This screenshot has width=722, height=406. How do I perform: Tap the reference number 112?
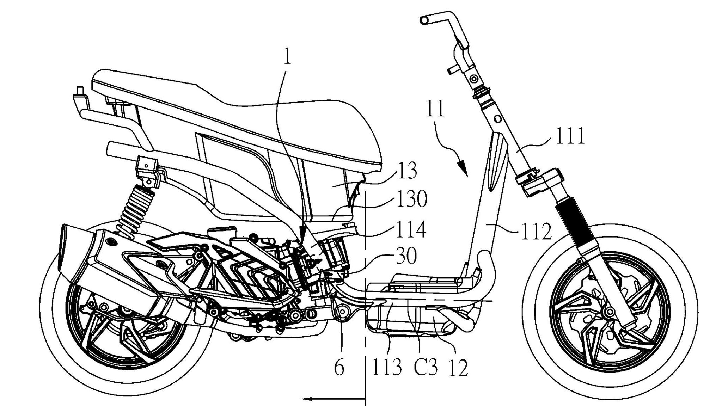[536, 231]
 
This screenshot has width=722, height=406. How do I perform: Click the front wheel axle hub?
[607, 311]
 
